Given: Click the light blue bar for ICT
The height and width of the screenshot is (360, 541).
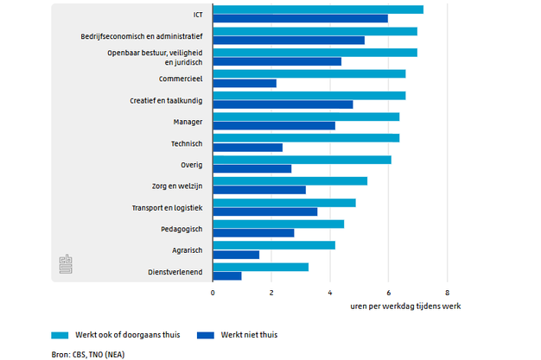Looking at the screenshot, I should tap(318, 9).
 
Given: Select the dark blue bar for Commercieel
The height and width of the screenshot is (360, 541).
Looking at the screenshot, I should tap(245, 84).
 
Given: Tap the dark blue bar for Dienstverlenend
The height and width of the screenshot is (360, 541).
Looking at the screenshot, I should tap(227, 275).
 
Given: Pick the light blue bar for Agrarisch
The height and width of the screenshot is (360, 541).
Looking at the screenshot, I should tap(274, 245).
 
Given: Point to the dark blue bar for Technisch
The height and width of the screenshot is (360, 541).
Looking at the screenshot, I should tap(248, 148).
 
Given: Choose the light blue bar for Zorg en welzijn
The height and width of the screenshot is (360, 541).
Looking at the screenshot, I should tap(290, 181).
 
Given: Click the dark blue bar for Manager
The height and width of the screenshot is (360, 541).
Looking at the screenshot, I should tap(274, 126).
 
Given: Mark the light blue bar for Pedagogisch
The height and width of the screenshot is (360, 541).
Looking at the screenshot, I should tap(278, 224).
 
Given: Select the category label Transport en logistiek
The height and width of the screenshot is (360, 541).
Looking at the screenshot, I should tap(167, 208).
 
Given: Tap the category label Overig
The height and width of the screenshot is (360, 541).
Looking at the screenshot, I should tap(191, 165).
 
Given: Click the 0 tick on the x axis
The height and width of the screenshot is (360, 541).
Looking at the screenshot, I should tap(213, 293).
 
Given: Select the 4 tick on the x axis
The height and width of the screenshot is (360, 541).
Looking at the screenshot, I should tap(330, 293).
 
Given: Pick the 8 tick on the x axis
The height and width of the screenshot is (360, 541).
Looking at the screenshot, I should tap(448, 293).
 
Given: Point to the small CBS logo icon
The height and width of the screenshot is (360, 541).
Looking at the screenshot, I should tap(65, 264).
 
